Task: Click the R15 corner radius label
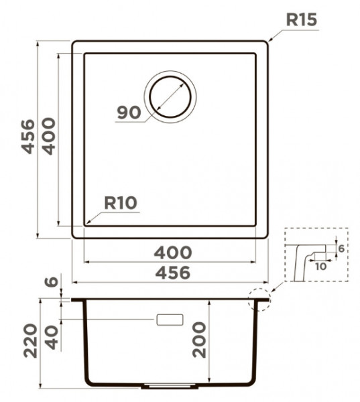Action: pyautogui.click(x=302, y=19)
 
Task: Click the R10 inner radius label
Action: pyautogui.click(x=121, y=203)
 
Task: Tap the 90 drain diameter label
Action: pyautogui.click(x=129, y=113)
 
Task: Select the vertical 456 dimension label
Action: pyautogui.click(x=27, y=137)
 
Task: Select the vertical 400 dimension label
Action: pyautogui.click(x=48, y=136)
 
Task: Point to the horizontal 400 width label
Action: pyautogui.click(x=173, y=253)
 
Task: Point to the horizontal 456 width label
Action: pyautogui.click(x=173, y=273)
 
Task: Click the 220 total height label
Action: pyautogui.click(x=30, y=341)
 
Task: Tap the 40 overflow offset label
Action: pyautogui.click(x=52, y=338)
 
